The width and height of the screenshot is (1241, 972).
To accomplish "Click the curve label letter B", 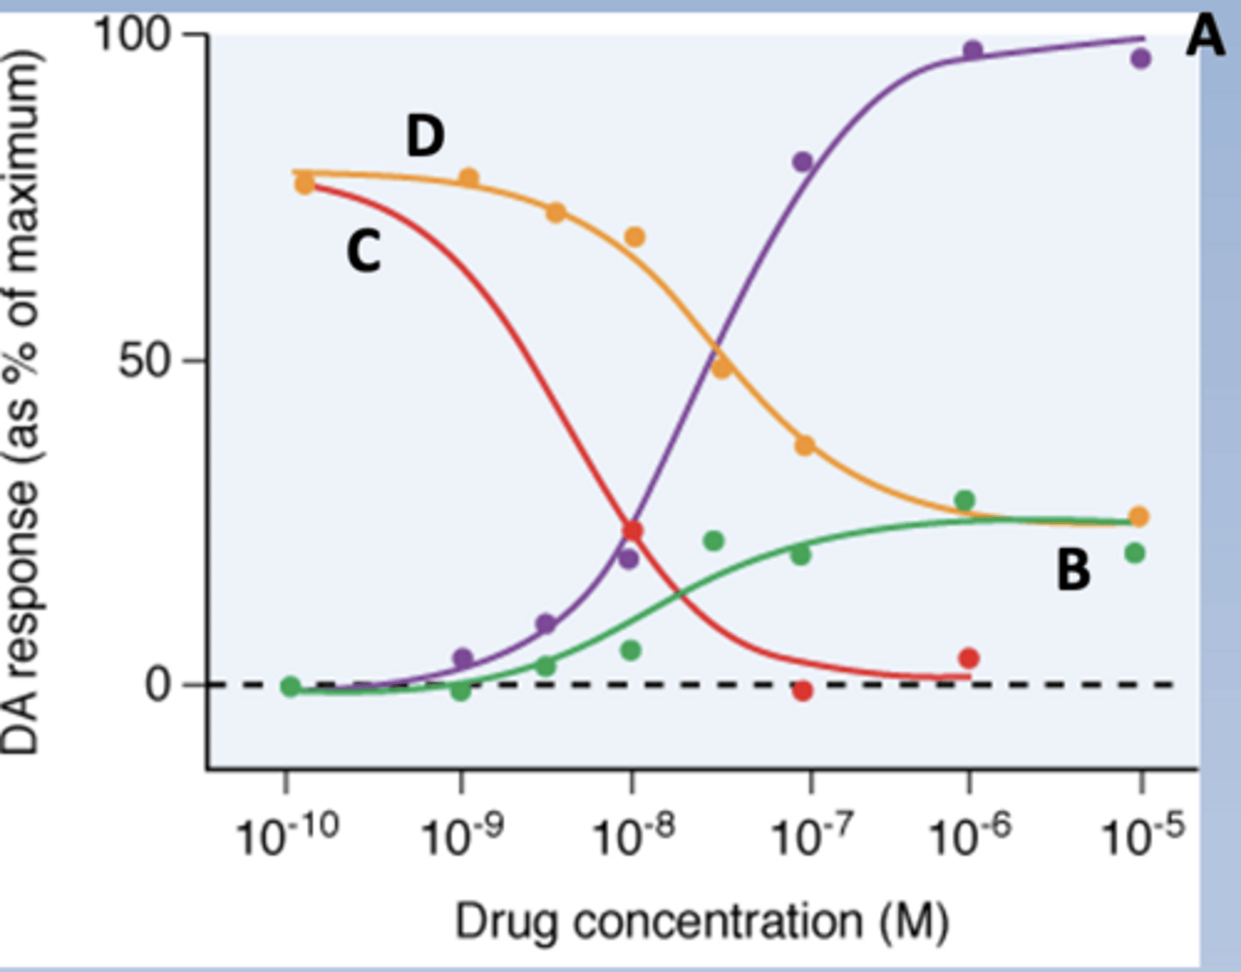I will click(1073, 570).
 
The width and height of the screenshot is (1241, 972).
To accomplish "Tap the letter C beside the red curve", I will click(364, 252).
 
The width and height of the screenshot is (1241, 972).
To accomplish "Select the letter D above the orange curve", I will click(425, 137).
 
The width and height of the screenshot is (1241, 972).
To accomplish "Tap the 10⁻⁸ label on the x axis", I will click(633, 834).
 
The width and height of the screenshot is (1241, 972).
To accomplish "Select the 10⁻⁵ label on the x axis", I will click(1143, 834).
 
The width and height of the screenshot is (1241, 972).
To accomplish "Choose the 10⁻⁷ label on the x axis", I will click(811, 834).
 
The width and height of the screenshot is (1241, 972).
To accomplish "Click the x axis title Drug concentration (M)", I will click(702, 922).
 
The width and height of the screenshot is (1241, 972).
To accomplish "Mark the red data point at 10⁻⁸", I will click(633, 530).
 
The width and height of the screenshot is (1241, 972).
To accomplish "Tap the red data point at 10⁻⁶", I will click(969, 658).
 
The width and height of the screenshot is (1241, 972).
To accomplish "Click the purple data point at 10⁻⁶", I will click(972, 50).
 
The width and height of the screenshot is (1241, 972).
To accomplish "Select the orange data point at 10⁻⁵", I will click(1138, 516).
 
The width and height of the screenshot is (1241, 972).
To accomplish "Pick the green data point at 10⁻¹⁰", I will click(291, 687).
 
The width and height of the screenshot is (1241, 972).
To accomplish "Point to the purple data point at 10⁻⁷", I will click(802, 162).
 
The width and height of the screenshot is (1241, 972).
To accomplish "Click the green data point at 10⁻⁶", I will click(965, 500).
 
